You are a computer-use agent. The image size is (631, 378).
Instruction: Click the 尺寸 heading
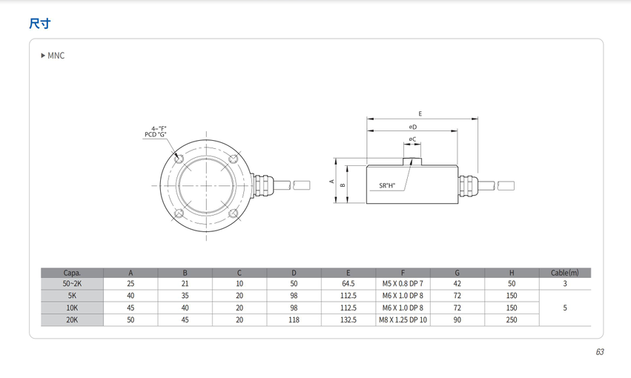pos(39,24)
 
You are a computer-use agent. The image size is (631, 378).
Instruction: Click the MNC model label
pos(56,56)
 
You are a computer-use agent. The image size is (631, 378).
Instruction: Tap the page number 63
pos(599,351)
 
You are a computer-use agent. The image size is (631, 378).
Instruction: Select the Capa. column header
pos(72,273)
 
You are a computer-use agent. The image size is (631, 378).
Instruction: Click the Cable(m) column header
pos(564,273)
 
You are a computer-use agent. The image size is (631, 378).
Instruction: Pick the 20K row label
pos(72,320)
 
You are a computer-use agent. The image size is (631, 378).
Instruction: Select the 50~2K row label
pos(72,284)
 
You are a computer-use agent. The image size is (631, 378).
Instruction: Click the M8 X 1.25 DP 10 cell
pos(403,320)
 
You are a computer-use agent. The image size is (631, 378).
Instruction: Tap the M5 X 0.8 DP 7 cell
pos(403,284)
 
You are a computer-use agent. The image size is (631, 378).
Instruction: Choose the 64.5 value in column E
pos(348,284)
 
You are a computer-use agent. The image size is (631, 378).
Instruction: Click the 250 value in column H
pos(512,320)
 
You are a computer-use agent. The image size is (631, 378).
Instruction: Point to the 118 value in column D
pos(294,320)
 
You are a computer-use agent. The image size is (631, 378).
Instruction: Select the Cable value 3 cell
pos(564,284)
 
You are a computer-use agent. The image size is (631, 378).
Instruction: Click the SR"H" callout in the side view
pos(387,186)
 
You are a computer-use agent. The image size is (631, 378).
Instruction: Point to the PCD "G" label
pos(155,135)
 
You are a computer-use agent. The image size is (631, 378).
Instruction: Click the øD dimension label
pos(412,127)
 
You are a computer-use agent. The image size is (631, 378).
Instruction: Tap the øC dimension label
pos(412,139)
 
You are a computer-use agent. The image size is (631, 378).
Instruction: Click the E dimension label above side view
pos(420,114)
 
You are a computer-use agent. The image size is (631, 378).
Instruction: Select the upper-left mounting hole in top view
pos(178,159)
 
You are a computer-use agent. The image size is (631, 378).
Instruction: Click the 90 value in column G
pos(457,320)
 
